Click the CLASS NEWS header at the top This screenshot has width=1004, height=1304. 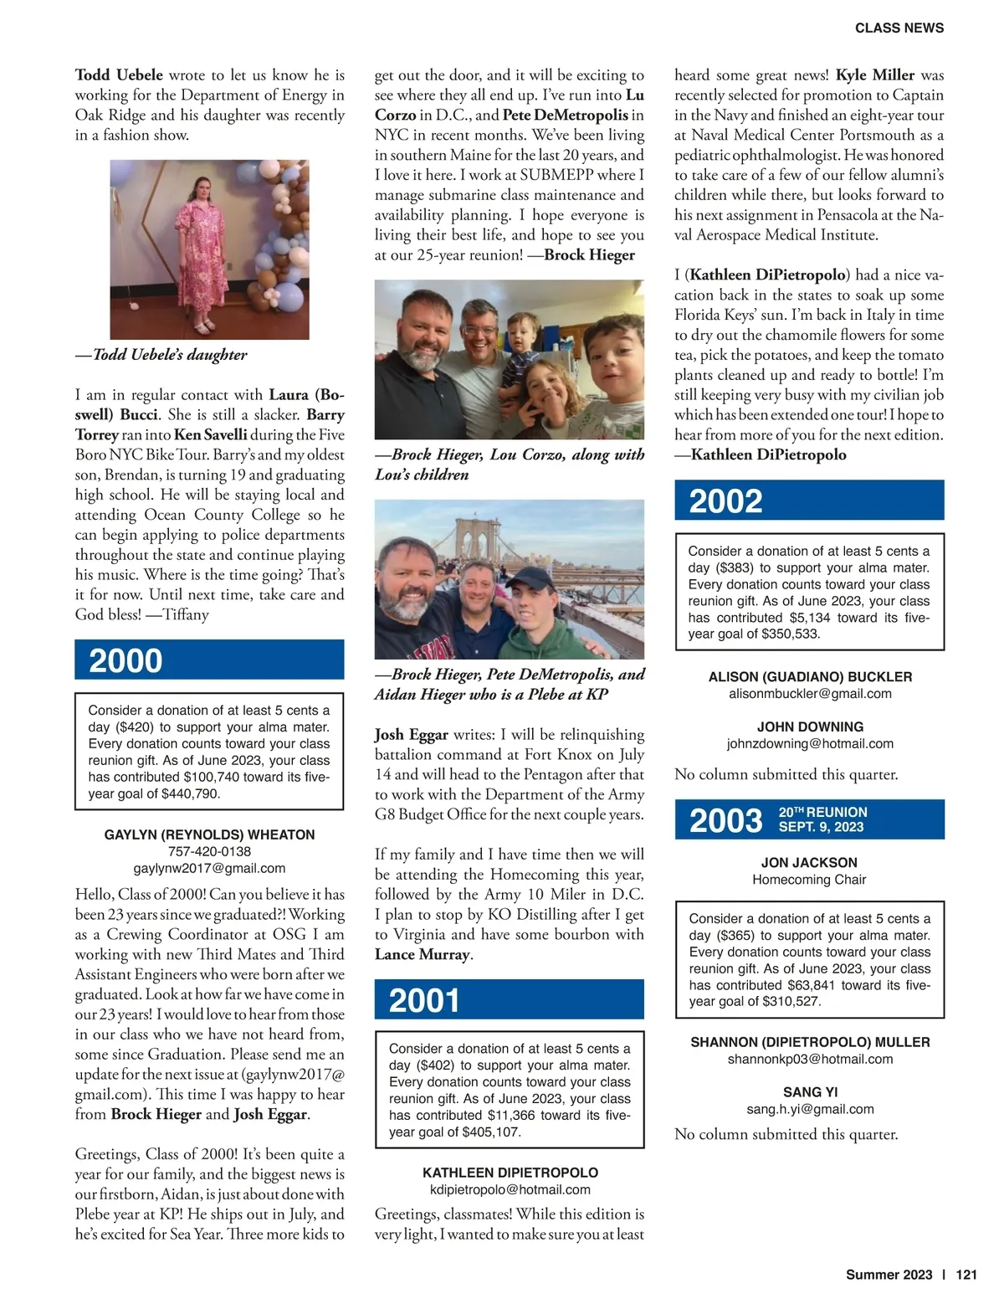(x=899, y=28)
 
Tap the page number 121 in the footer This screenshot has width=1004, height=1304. (x=966, y=1275)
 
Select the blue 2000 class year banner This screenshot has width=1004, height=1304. (x=209, y=660)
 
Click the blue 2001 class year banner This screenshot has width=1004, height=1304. (x=509, y=1000)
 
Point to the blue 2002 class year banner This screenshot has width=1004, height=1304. (x=809, y=501)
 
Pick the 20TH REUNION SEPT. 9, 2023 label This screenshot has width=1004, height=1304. (x=822, y=819)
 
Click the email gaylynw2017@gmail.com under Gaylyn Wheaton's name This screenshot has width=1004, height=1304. (x=209, y=869)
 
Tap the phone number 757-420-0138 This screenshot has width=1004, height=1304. (x=209, y=852)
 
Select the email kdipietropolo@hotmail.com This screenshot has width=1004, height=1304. (x=510, y=1190)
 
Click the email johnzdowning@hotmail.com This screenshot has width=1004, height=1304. (x=810, y=744)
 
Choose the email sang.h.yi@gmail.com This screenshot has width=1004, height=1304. (x=810, y=1110)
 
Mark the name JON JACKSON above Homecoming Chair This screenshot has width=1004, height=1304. (x=809, y=863)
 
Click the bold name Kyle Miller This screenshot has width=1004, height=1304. (x=875, y=75)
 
